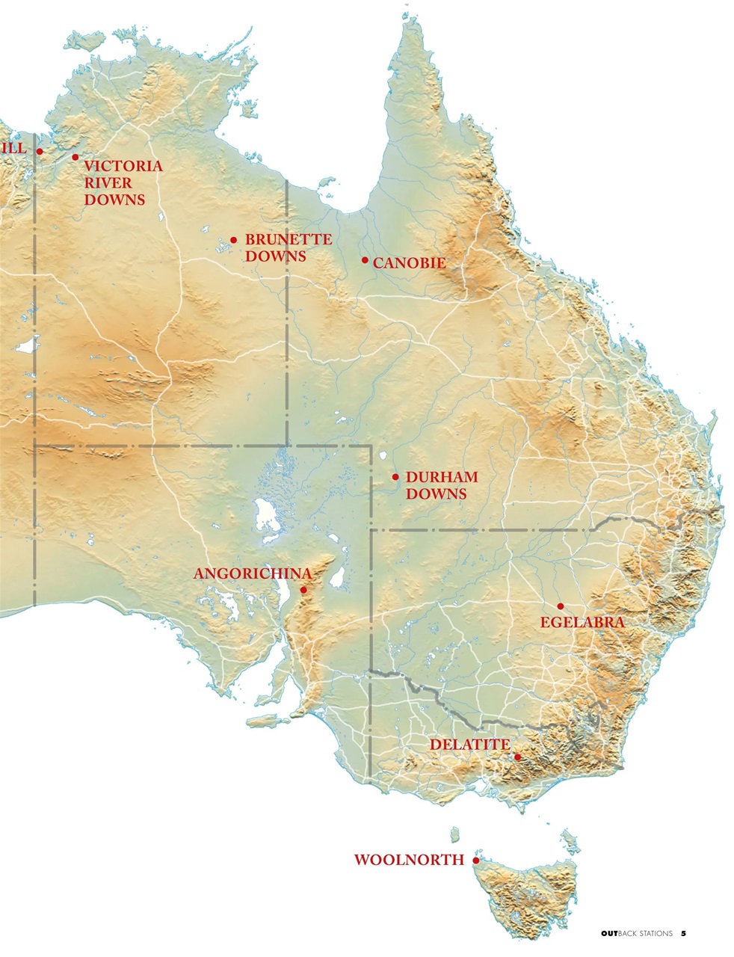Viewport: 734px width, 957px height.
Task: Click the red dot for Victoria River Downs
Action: pyautogui.click(x=75, y=157)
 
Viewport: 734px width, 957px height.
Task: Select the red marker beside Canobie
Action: pyautogui.click(x=365, y=260)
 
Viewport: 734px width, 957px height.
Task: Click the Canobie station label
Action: pyautogui.click(x=409, y=263)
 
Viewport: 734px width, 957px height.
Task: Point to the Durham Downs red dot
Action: pyautogui.click(x=395, y=476)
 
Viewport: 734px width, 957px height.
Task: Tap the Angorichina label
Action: pyautogui.click(x=252, y=573)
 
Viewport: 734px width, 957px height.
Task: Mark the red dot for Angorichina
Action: pyautogui.click(x=303, y=590)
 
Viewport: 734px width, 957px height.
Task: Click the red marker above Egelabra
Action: pyautogui.click(x=560, y=606)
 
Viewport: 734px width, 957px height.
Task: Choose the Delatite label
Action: pyautogui.click(x=469, y=745)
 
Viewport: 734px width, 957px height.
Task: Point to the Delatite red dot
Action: pyautogui.click(x=516, y=757)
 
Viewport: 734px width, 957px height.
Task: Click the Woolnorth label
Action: pyautogui.click(x=409, y=860)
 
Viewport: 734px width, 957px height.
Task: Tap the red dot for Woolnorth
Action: pyautogui.click(x=476, y=861)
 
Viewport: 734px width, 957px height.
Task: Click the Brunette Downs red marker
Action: pyautogui.click(x=233, y=240)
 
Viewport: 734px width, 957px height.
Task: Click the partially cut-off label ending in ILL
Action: pyautogui.click(x=13, y=148)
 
